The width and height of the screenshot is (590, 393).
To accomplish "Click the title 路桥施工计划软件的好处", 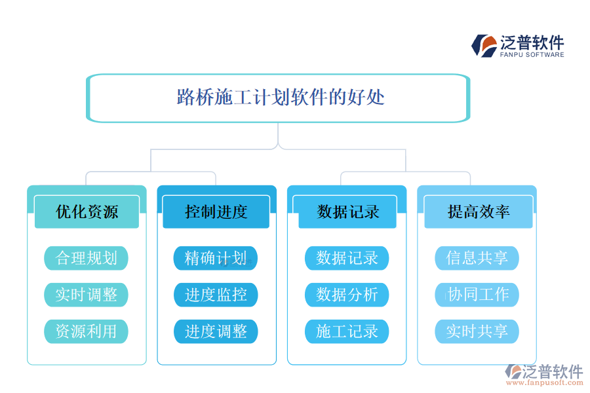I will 281,98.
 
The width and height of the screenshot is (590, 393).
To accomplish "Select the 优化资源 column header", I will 87,212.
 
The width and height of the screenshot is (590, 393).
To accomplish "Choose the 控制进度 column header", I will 216,212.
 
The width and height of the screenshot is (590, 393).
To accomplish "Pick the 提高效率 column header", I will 478,212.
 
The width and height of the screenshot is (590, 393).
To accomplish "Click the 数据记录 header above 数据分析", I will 347,212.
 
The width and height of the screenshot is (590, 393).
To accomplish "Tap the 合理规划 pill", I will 86,258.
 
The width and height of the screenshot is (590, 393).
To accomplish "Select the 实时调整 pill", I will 86,295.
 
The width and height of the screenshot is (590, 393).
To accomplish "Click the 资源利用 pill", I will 86,331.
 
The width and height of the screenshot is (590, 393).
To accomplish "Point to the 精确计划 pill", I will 216,258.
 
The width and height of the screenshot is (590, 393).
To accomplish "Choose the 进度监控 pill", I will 216,295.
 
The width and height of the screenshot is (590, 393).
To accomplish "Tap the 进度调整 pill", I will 216,331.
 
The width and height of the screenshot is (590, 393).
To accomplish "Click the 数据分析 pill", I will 347,295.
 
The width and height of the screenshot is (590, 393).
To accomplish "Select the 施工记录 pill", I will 347,331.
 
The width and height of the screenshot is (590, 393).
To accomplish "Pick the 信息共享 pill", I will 477,258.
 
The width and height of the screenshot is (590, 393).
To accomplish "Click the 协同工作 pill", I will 477,295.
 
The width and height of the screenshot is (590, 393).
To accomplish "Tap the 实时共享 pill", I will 477,331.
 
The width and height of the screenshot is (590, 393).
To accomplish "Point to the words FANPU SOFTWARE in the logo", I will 532,55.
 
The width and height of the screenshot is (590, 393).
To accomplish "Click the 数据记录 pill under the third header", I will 347,258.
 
